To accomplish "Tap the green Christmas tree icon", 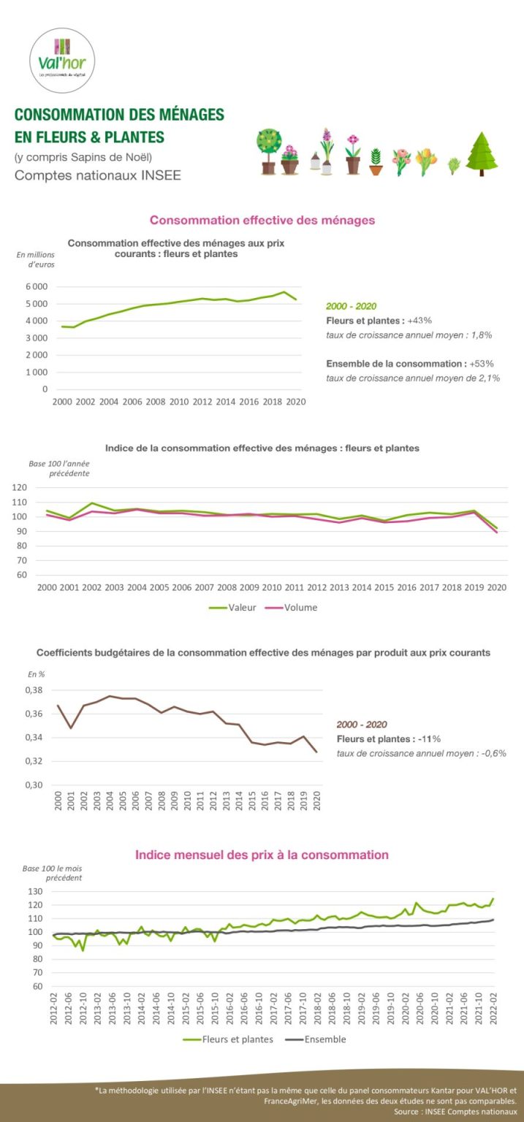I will point(482,154).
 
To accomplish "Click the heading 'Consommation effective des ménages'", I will point(262,220).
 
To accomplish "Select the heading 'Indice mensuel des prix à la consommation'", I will point(262,854).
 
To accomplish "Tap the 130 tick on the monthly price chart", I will point(36,891).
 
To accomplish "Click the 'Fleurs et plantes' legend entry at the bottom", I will point(238,1039).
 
